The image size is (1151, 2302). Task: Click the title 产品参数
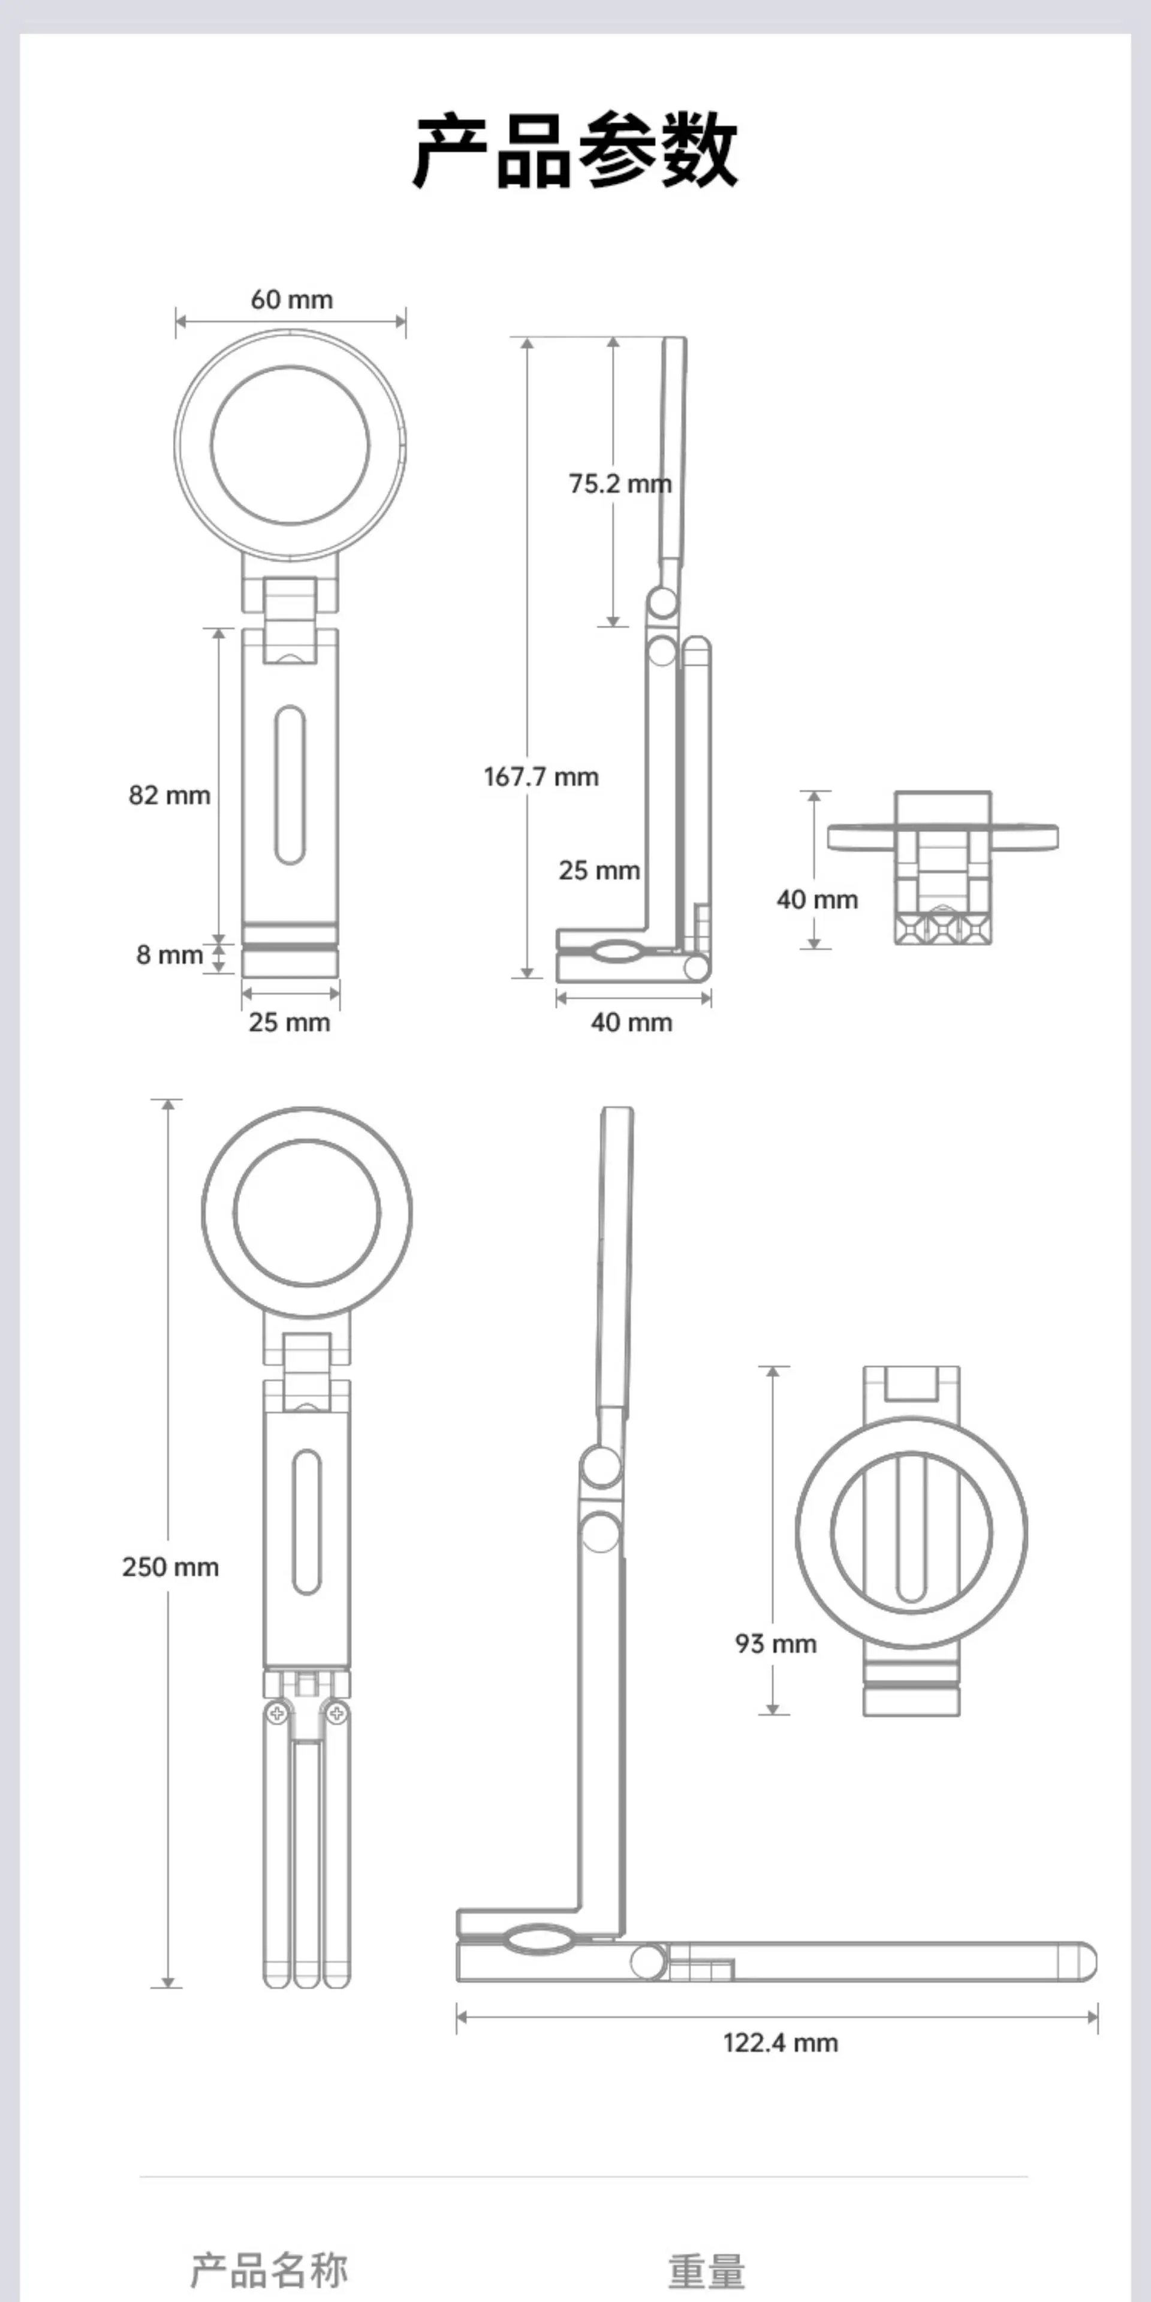[x=575, y=149]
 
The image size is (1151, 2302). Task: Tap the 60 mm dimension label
[x=291, y=299]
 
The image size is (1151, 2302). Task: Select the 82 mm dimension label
[x=169, y=796]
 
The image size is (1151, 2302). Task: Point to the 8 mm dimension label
[x=170, y=954]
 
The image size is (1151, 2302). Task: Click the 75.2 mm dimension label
[x=620, y=483]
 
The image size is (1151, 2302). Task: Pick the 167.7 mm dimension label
[x=541, y=776]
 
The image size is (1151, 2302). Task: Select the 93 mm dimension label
[x=776, y=1643]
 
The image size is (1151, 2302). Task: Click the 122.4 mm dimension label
[x=780, y=2042]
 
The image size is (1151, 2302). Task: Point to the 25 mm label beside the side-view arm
[x=599, y=870]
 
